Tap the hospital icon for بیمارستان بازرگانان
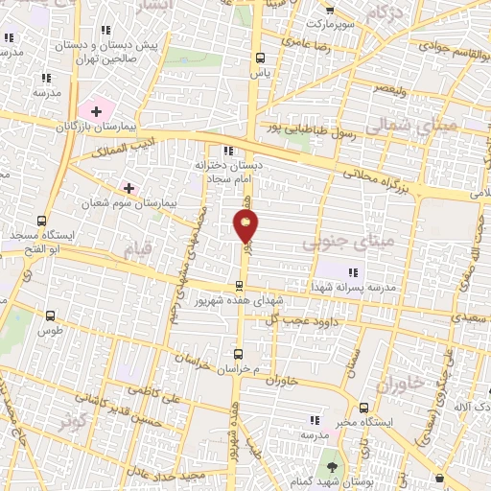tap(96, 112)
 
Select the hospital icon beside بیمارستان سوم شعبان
tap(128, 186)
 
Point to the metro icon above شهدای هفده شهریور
tap(240, 285)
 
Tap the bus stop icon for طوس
tap(50, 316)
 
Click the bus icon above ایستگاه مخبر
tap(362, 406)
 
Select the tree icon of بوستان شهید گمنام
tap(332, 466)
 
